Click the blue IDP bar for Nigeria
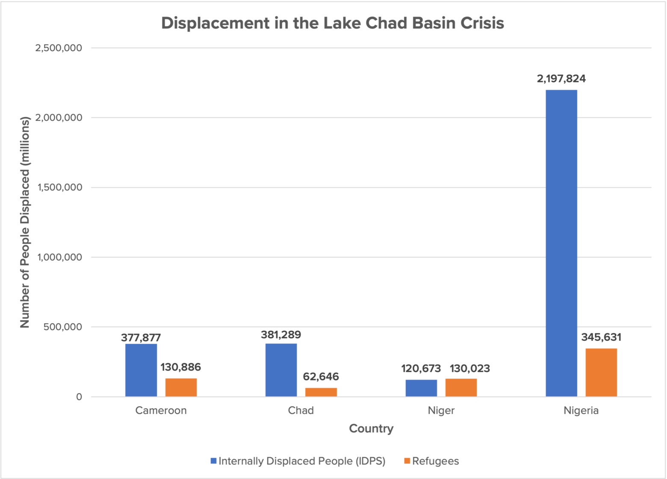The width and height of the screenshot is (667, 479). point(561,243)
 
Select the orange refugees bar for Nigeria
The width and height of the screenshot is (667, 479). point(601,372)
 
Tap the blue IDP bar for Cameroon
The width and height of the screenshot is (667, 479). point(141,370)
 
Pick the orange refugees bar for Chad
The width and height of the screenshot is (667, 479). point(321,392)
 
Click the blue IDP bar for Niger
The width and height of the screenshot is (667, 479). point(421,388)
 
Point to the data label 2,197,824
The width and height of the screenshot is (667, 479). point(561,79)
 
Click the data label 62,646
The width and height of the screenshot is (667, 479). point(321,377)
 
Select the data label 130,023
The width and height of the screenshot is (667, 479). point(469,368)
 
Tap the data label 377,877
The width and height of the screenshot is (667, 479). point(141,338)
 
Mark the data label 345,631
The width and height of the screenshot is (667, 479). point(601,337)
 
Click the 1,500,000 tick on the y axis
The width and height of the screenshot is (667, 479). point(59,187)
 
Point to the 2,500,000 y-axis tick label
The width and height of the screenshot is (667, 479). point(59,48)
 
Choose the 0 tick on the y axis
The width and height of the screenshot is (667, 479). point(79,397)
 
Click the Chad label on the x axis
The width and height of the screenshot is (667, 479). point(301,410)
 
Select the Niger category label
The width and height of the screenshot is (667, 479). point(441,410)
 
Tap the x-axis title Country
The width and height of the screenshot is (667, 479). point(371,429)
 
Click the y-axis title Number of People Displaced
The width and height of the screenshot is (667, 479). point(25,222)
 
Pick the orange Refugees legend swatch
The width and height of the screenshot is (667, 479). point(407,461)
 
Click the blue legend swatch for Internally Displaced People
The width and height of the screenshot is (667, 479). point(213,461)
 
